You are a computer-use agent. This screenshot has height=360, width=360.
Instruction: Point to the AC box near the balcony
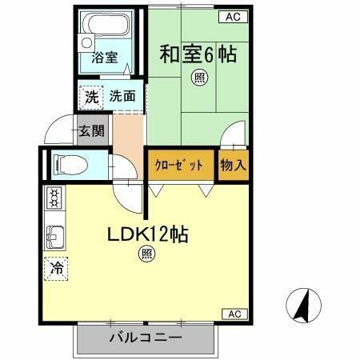[235, 314]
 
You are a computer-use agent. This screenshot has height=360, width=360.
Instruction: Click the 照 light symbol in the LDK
[146, 254]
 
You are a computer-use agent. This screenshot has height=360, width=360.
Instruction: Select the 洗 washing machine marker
[91, 98]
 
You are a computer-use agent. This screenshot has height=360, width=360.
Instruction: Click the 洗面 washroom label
[122, 97]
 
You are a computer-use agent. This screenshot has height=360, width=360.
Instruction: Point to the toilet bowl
[70, 166]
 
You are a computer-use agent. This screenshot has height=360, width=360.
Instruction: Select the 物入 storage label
[233, 166]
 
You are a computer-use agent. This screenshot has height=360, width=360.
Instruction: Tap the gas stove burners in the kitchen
[54, 197]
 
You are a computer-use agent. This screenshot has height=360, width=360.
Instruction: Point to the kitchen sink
[54, 237]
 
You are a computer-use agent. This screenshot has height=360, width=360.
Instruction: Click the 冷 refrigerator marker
[56, 270]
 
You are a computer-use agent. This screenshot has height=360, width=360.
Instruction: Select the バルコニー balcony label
[145, 338]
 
